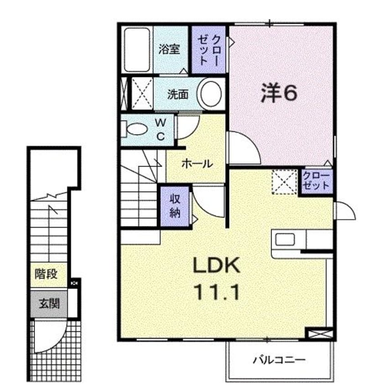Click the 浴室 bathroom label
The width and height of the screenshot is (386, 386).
(x=169, y=49)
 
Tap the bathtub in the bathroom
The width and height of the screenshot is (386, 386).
(x=137, y=50)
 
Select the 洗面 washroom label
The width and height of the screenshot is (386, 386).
(x=178, y=94)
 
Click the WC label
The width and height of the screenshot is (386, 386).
(x=161, y=129)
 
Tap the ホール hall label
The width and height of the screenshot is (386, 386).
(x=197, y=164)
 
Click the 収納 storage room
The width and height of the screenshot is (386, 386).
(x=175, y=206)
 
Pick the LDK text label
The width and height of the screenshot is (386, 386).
(x=217, y=265)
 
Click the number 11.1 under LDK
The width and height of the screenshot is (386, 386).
(x=217, y=292)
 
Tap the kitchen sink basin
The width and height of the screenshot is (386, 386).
(x=285, y=240)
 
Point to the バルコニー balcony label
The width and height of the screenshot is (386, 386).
(x=279, y=360)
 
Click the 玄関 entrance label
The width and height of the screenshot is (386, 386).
(x=49, y=304)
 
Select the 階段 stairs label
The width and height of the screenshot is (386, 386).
(x=46, y=273)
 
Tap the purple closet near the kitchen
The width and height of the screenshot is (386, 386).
(x=316, y=182)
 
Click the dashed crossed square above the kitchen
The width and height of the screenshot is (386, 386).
(x=284, y=182)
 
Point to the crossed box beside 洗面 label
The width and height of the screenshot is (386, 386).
(x=142, y=93)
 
